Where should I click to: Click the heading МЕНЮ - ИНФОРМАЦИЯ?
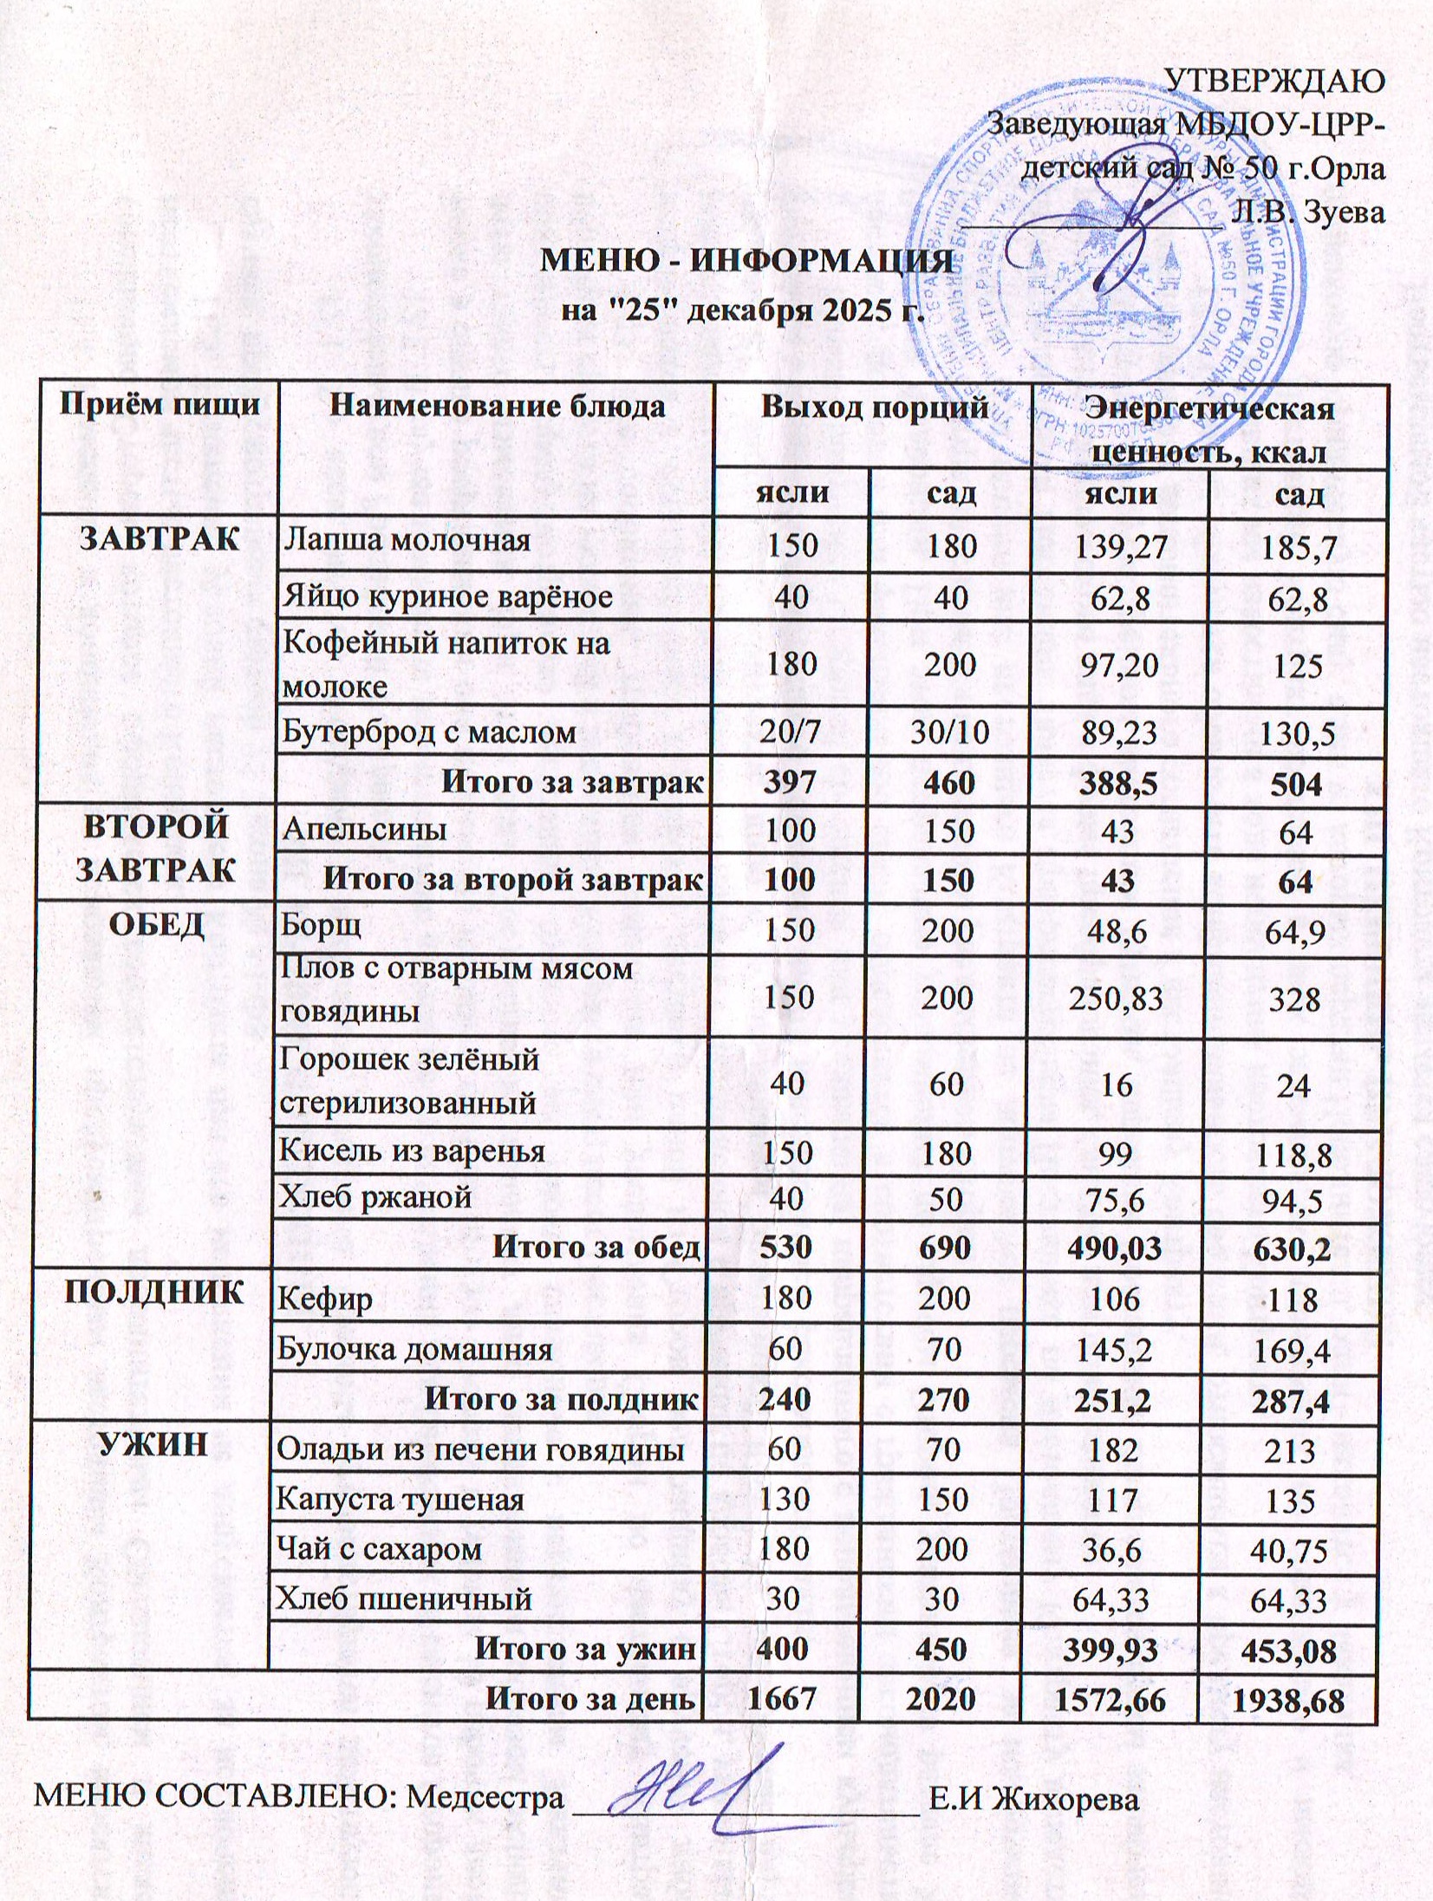click(x=741, y=261)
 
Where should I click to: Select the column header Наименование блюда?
click(x=498, y=407)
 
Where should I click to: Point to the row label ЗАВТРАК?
click(x=159, y=539)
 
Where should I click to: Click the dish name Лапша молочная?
click(x=407, y=541)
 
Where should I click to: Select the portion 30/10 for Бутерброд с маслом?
click(x=950, y=733)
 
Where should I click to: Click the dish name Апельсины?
click(x=364, y=830)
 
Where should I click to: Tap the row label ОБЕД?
click(x=156, y=926)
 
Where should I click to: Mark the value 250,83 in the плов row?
click(x=1118, y=999)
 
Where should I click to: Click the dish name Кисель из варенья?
click(x=411, y=1151)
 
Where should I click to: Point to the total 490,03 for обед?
click(x=1117, y=1248)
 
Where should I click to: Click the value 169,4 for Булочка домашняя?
click(x=1291, y=1351)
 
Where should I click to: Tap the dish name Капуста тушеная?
click(x=400, y=1500)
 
